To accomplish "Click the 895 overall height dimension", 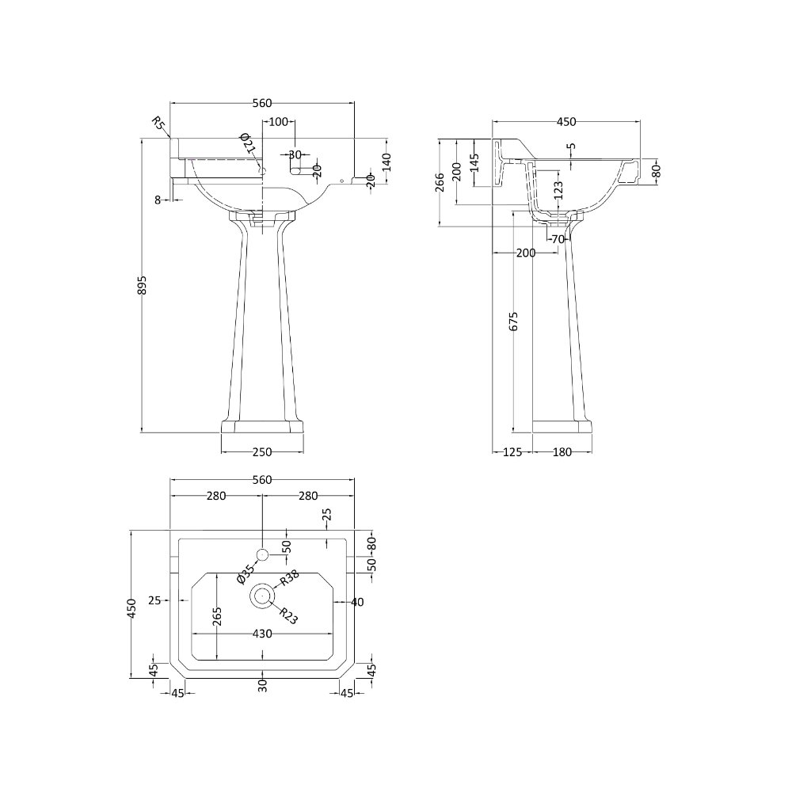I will (x=143, y=290).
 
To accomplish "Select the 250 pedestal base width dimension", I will (x=262, y=452).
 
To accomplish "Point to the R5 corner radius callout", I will (x=158, y=123).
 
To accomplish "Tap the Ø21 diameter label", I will (x=247, y=143).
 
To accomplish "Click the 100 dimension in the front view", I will (x=278, y=122).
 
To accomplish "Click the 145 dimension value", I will (x=474, y=165).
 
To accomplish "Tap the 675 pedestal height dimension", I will (x=513, y=322).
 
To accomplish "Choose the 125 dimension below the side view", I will (x=512, y=452).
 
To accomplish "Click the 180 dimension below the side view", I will (x=562, y=452).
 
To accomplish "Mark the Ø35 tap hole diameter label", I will (x=246, y=574).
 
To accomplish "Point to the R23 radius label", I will (x=287, y=615).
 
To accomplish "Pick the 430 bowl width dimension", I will (x=262, y=634).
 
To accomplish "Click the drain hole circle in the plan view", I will (x=262, y=596).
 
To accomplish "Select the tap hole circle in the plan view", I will (x=263, y=552).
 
